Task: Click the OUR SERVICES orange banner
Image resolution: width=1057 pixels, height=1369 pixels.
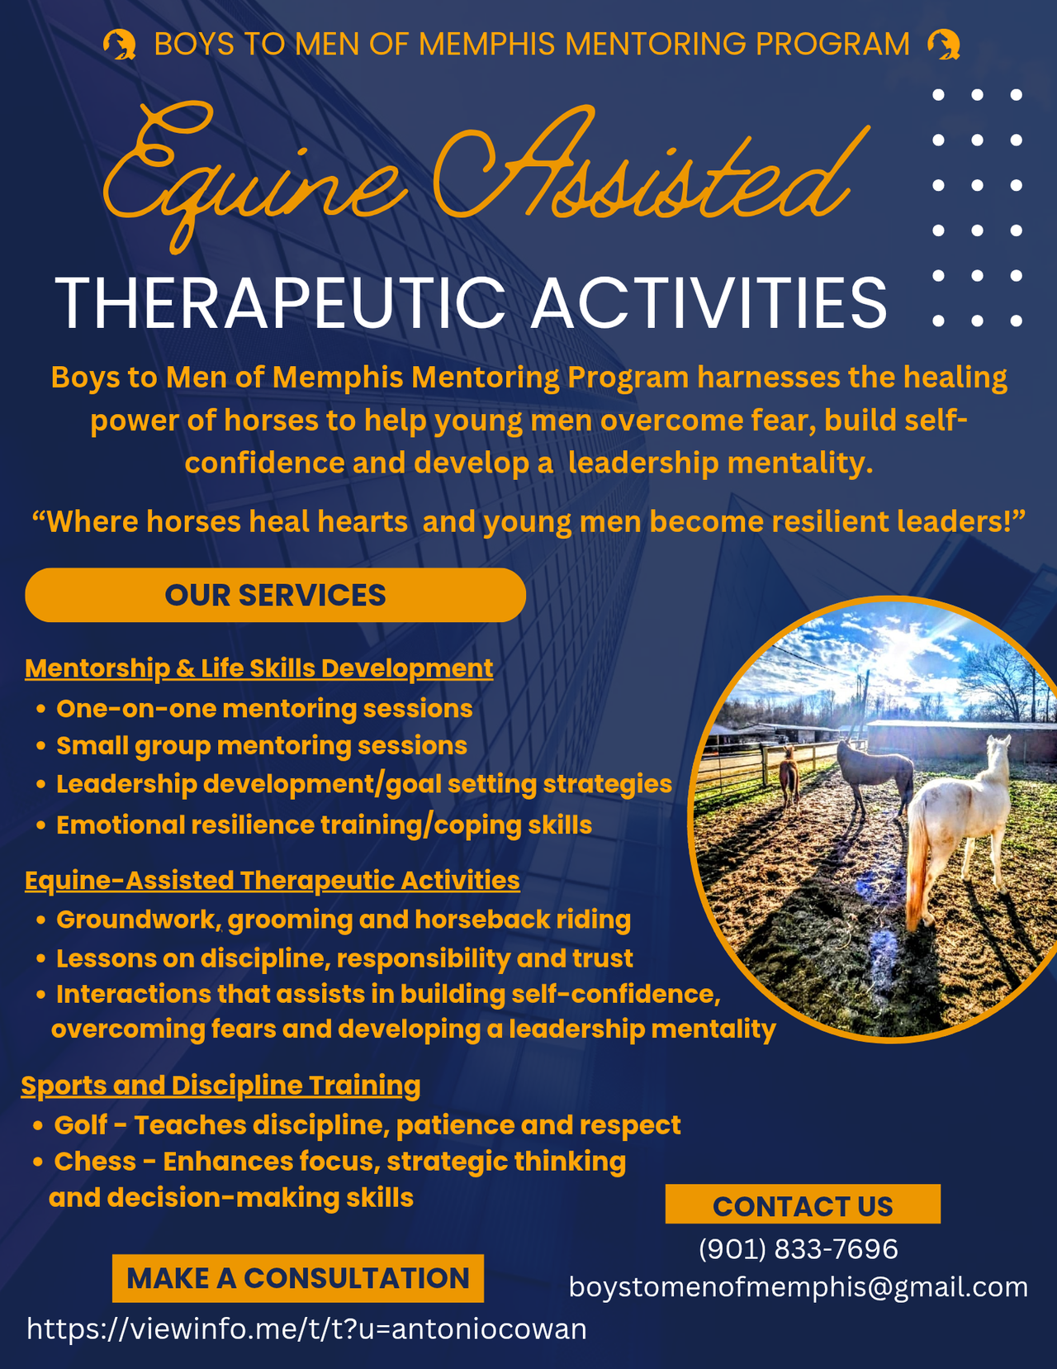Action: point(275,595)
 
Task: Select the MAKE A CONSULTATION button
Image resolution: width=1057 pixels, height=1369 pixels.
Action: point(298,1278)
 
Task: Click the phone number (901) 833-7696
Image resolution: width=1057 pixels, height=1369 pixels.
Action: point(799,1249)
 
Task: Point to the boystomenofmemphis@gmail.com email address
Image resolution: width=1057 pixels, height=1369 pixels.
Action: point(799,1287)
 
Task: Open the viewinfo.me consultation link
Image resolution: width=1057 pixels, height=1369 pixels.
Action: point(306,1329)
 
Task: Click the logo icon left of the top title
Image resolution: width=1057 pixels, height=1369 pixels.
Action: point(120,45)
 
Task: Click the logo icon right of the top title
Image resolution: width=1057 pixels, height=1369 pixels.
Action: point(944,45)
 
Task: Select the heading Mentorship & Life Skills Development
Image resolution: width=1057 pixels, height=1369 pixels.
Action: point(258,668)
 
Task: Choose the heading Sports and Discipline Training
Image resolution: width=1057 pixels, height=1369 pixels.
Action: point(221,1086)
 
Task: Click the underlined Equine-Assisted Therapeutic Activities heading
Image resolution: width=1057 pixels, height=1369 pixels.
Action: point(272,880)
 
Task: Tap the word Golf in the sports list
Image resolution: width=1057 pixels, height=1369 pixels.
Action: point(81,1125)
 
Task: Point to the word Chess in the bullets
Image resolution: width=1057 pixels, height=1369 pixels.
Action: point(95,1161)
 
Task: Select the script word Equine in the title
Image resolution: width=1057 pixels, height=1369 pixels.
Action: point(252,177)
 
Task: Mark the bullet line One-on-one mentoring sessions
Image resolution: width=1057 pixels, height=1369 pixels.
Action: point(264,709)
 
